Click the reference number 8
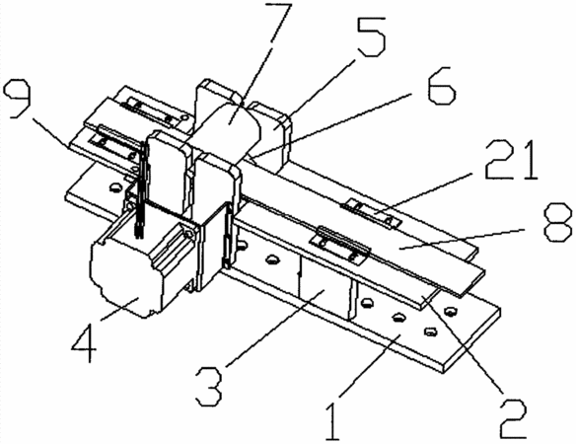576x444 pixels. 557,222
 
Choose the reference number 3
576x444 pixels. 209,387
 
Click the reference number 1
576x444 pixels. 332,421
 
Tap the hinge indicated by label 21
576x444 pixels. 372,213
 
